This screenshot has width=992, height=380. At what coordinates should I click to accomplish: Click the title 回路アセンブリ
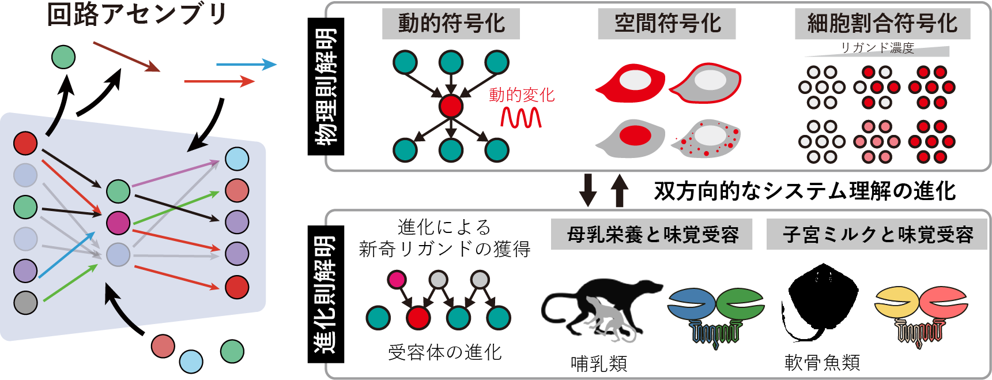point(137,14)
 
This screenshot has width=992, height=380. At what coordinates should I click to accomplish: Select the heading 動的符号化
point(451,24)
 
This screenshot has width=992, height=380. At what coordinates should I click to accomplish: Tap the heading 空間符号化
point(666,24)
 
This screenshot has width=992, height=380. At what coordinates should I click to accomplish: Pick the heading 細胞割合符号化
point(882,24)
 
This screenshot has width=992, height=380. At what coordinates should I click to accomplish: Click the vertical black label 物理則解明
point(326,86)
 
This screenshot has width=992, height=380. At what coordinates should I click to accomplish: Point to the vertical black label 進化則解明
point(326,294)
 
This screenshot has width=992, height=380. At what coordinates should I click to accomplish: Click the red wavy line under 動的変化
point(520,118)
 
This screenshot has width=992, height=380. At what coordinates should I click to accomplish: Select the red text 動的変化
point(521,95)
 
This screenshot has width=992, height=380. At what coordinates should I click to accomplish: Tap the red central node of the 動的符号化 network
point(451,106)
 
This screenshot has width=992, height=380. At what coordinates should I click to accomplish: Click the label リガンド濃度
point(877,48)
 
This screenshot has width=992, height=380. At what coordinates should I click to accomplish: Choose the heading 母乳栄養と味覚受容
point(652,235)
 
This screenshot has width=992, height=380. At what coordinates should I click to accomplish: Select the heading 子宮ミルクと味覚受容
point(877,235)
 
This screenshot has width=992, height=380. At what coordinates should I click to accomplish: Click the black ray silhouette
point(821,300)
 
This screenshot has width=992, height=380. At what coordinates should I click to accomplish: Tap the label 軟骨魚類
point(822,363)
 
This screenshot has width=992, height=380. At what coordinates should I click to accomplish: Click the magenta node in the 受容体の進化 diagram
point(397,280)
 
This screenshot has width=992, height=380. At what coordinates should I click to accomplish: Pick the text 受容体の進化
point(444,352)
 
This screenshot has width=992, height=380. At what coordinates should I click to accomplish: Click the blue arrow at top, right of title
point(246,65)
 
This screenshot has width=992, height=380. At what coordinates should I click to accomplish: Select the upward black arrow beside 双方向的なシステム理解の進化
point(619,190)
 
